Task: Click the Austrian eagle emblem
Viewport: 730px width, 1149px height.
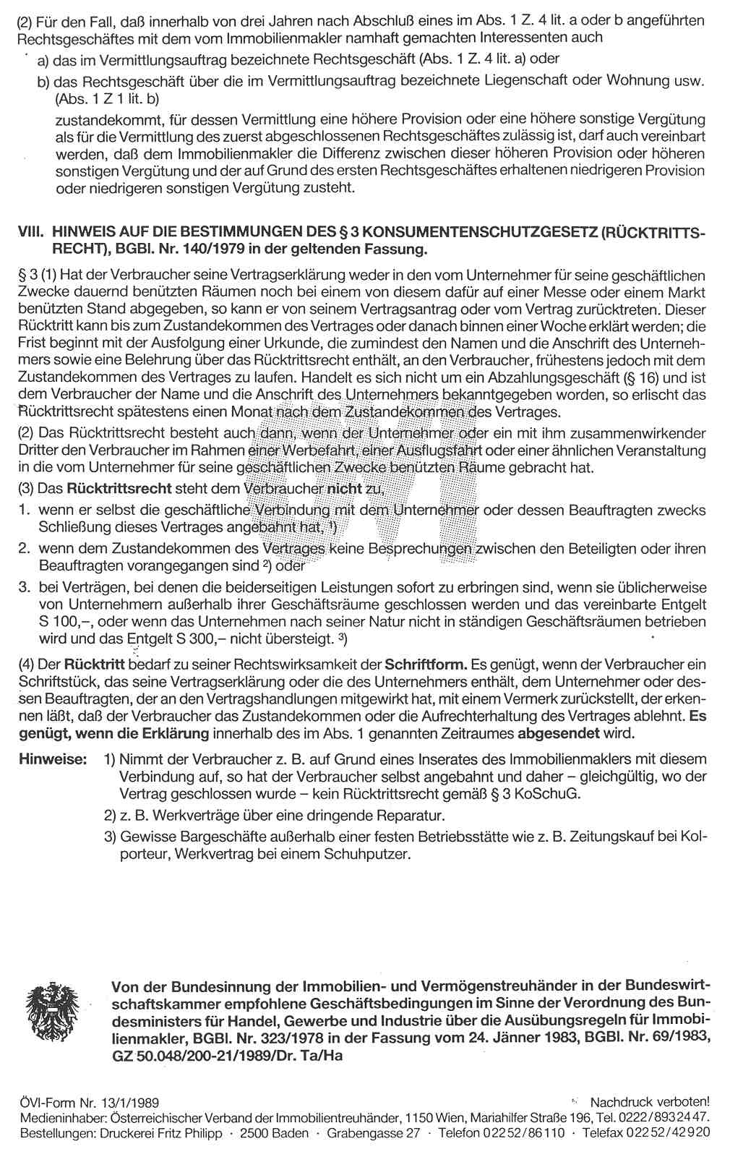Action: tap(53, 1012)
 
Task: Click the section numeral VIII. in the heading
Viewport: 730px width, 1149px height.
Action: tap(31, 232)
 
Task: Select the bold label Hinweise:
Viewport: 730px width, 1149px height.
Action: tap(53, 759)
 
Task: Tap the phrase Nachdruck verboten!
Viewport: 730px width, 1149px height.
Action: tap(650, 1102)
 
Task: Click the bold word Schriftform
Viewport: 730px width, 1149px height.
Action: tap(425, 664)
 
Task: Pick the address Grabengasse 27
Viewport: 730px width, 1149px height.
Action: tap(373, 1132)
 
